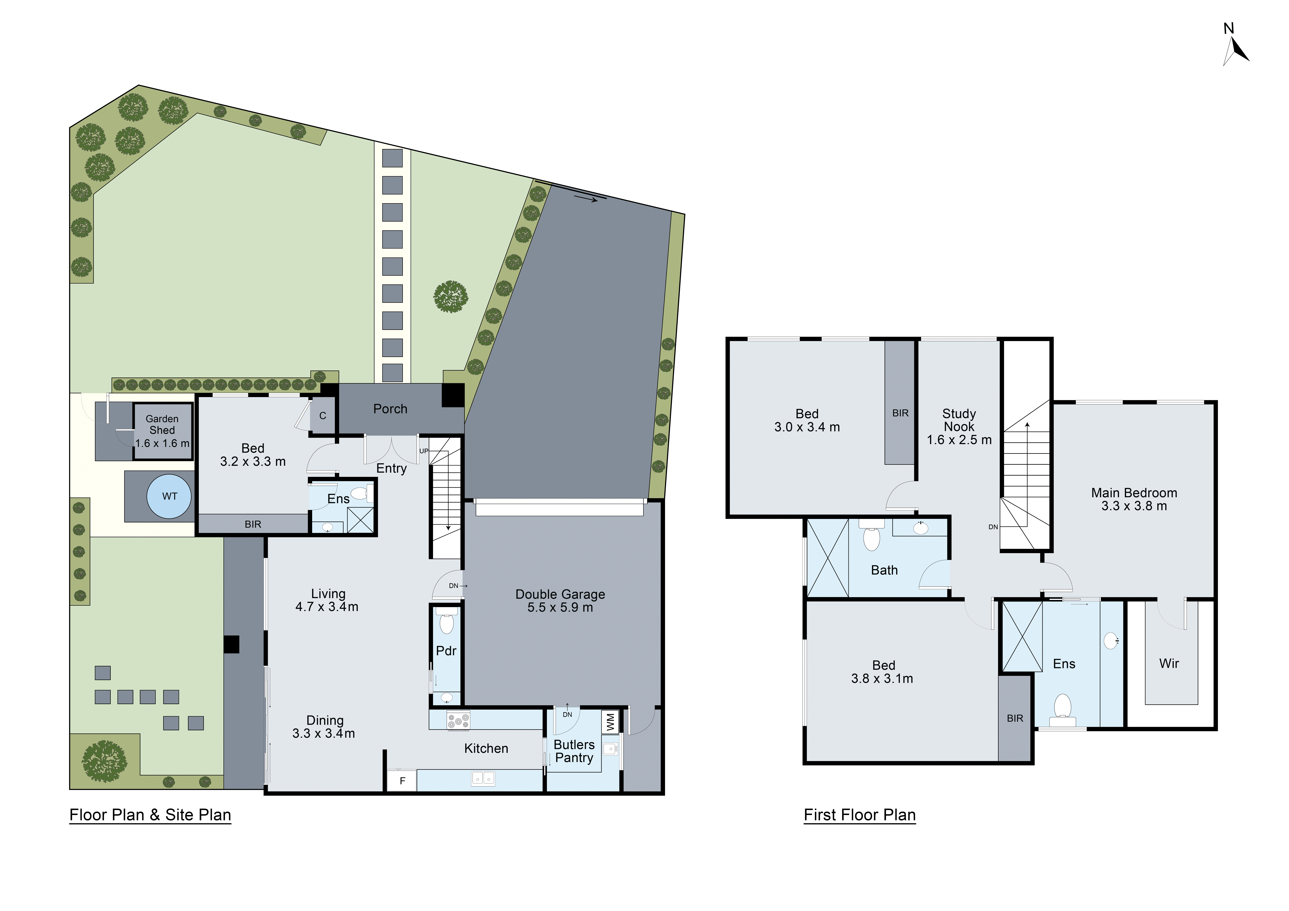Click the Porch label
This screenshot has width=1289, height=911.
click(x=390, y=409)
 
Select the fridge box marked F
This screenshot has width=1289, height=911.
click(x=402, y=781)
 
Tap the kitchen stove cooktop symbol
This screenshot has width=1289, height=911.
click(x=458, y=721)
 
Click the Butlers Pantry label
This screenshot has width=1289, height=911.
click(x=574, y=751)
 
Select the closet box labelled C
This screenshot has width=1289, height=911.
click(x=323, y=416)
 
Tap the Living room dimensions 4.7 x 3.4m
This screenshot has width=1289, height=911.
click(x=327, y=607)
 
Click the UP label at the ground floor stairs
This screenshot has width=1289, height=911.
click(x=424, y=451)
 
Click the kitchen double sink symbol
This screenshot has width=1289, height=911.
click(x=483, y=778)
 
